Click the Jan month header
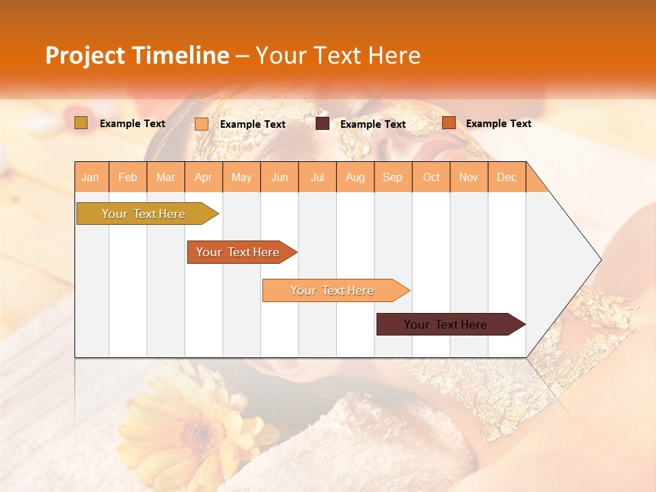pyautogui.click(x=91, y=177)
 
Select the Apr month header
pyautogui.click(x=204, y=177)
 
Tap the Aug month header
pyautogui.click(x=355, y=177)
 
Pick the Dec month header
pyautogui.click(x=507, y=177)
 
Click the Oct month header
pyautogui.click(x=431, y=177)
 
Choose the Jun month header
pyautogui.click(x=279, y=177)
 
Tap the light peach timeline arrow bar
pyautogui.click(x=333, y=290)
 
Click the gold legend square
pyautogui.click(x=81, y=123)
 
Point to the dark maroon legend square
pyautogui.click(x=323, y=123)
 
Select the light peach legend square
pyautogui.click(x=202, y=124)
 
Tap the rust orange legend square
pyautogui.click(x=449, y=123)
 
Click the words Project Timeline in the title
pyautogui.click(x=137, y=55)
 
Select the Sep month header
pyautogui.click(x=393, y=177)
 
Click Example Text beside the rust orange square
pyautogui.click(x=498, y=124)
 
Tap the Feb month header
pyautogui.click(x=128, y=177)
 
